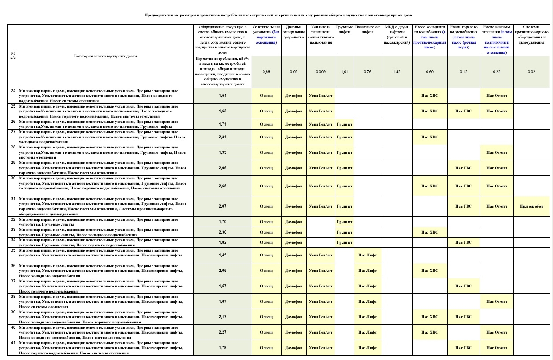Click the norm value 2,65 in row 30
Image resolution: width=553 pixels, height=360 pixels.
(223, 186)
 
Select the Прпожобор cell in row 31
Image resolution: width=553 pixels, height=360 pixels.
(531, 206)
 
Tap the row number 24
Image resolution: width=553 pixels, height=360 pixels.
(13, 91)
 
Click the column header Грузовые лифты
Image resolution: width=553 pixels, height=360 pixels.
(344, 30)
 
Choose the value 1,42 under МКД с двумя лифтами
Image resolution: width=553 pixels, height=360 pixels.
(397, 71)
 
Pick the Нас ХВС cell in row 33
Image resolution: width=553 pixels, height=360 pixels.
(430, 232)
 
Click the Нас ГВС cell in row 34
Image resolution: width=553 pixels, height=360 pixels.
(464, 242)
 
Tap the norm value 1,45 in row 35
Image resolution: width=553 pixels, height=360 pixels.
(223, 255)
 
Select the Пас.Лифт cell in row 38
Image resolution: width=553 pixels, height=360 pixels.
(367, 301)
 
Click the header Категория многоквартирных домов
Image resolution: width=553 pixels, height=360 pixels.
(106, 56)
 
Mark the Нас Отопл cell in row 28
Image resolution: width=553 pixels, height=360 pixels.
(497, 152)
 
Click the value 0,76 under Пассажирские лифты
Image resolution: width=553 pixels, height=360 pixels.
(367, 71)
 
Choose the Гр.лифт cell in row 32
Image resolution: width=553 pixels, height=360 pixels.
(344, 222)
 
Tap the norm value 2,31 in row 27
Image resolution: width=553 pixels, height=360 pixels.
(223, 137)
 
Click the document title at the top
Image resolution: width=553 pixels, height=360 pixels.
(278, 15)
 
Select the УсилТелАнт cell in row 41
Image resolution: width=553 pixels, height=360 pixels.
(321, 348)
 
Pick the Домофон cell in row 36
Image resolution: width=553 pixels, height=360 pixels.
(293, 271)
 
